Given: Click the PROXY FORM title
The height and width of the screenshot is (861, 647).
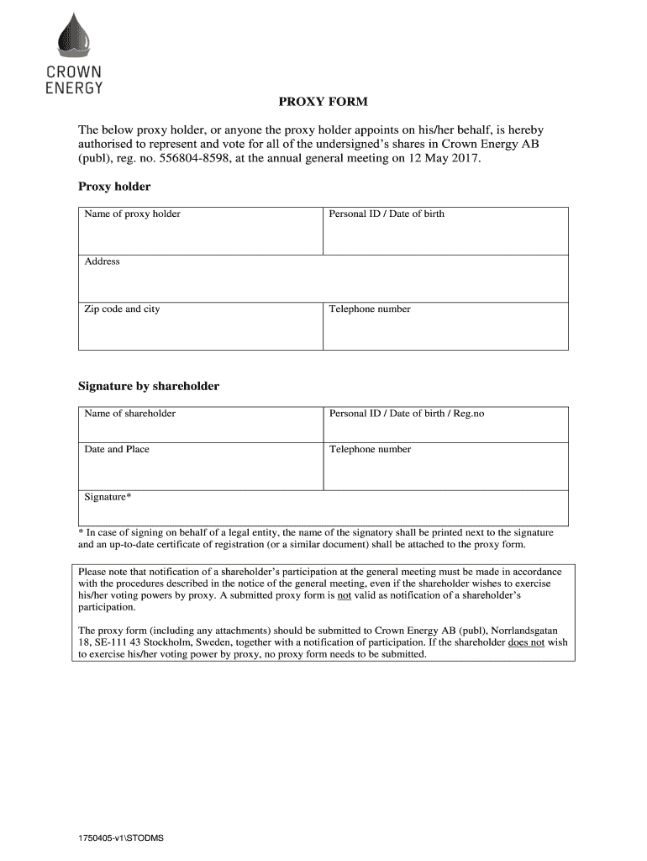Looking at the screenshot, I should tap(323, 103).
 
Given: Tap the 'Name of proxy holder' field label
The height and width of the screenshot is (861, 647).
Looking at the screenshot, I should tap(132, 214).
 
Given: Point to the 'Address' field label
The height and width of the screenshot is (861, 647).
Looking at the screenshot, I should tap(102, 261).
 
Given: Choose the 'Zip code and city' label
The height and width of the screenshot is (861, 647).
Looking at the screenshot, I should tap(122, 309).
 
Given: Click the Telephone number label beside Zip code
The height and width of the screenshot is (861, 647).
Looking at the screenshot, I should tap(370, 309).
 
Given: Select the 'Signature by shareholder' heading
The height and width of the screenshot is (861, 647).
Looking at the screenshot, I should tap(149, 387).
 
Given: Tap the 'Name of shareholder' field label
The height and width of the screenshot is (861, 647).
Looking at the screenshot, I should tap(129, 414).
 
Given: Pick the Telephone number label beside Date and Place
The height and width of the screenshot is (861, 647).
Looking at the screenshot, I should tap(370, 450).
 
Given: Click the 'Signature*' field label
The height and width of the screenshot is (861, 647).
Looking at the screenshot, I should tap(108, 498).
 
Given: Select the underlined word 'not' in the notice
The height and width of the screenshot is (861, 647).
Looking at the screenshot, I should tap(344, 595).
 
